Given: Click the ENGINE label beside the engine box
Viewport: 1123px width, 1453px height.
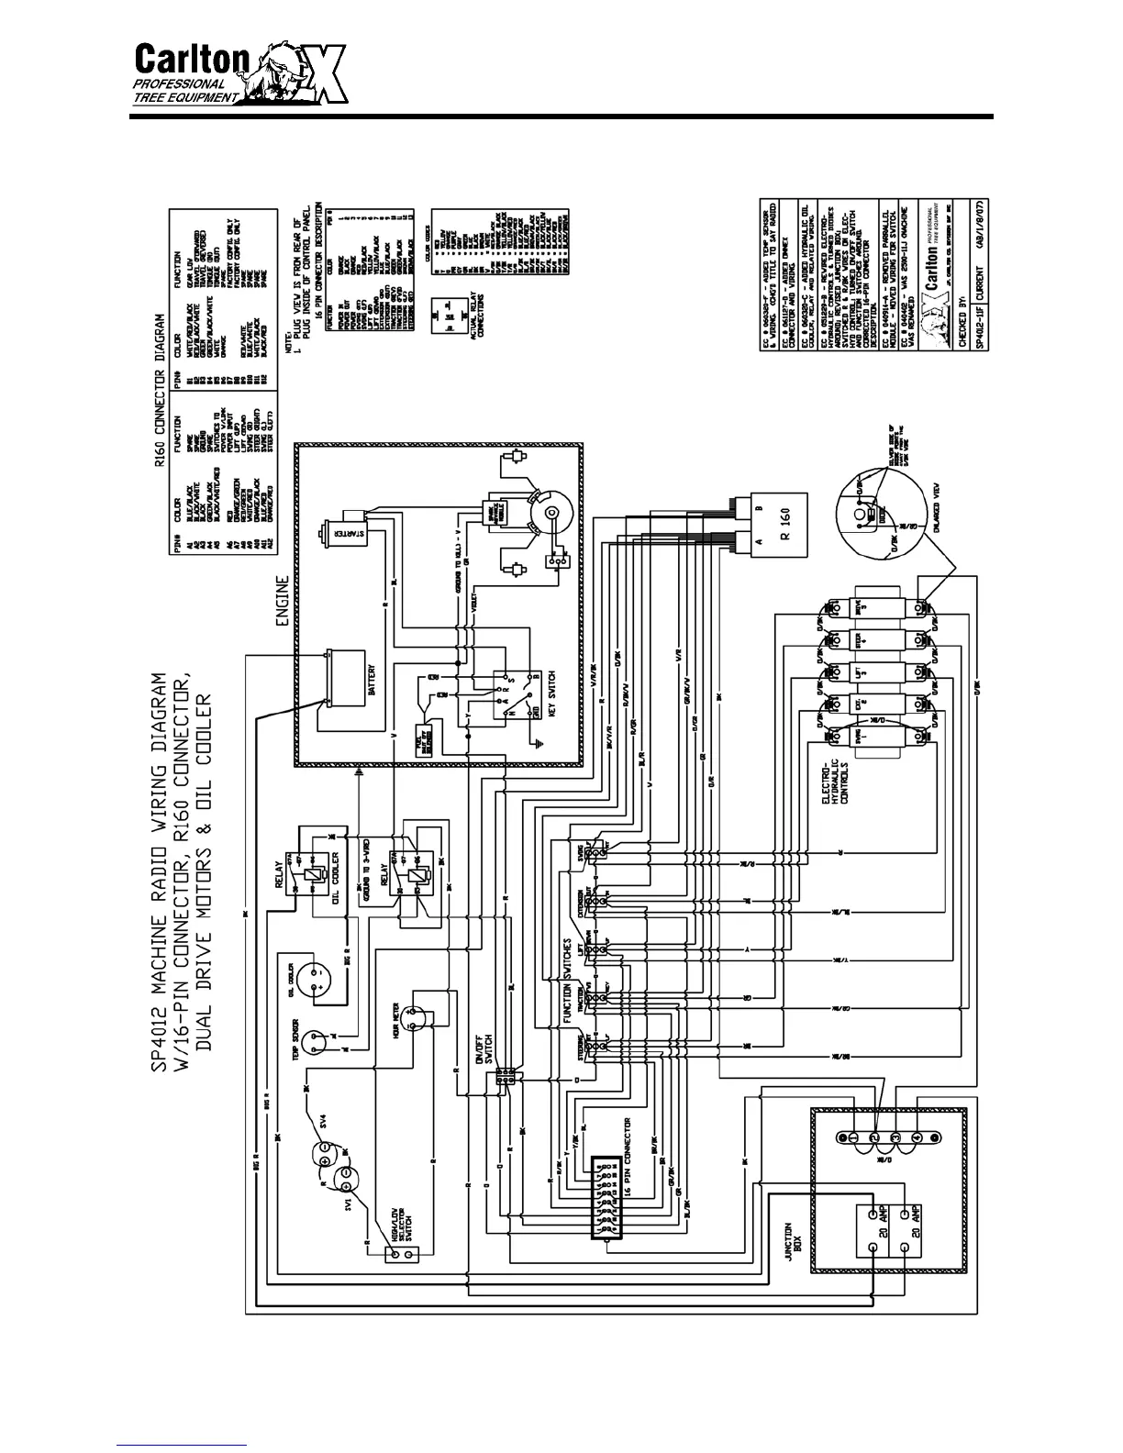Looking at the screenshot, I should tap(283, 601).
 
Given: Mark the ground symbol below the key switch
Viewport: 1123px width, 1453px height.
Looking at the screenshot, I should tap(540, 716).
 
